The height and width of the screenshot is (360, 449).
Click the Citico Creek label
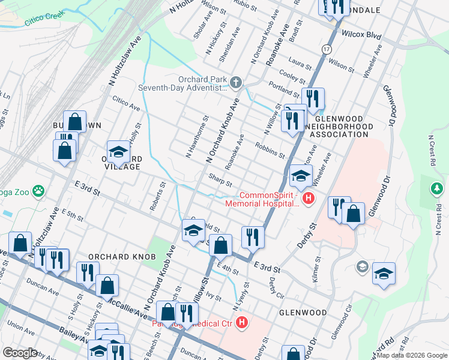tap(44, 20)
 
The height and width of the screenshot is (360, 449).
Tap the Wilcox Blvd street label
tap(362, 35)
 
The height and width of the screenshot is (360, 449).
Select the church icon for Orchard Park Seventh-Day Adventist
tap(236, 82)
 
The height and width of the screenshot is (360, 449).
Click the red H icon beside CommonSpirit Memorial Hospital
tap(309, 199)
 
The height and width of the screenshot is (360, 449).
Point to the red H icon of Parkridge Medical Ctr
tap(241, 323)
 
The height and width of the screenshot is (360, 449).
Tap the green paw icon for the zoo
tap(38, 191)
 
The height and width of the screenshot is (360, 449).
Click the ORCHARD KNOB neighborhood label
tap(118, 257)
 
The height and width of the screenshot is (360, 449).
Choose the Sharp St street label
tap(220, 180)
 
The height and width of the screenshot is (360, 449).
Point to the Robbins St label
tap(270, 150)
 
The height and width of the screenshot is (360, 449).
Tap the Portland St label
tap(283, 90)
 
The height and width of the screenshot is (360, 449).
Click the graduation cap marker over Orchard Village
tap(118, 152)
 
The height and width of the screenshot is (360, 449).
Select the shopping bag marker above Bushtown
tap(74, 122)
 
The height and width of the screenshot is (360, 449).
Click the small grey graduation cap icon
tap(362, 266)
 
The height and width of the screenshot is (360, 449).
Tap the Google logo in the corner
tap(19, 352)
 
